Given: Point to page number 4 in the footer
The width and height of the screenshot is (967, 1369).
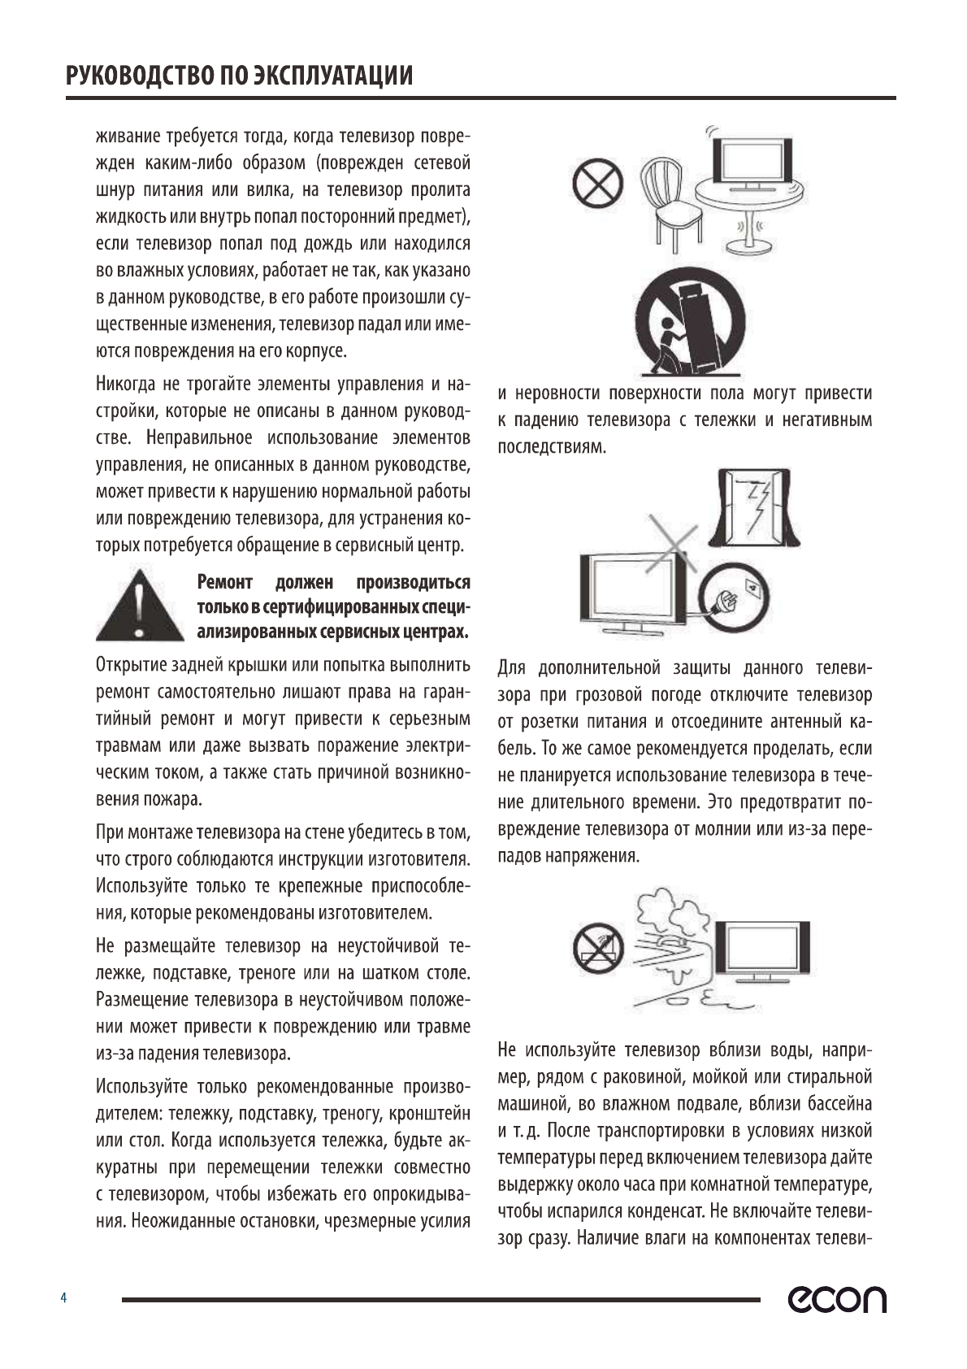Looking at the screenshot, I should click(x=63, y=1297).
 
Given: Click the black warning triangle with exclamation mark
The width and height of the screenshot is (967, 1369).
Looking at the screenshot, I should click(x=139, y=606).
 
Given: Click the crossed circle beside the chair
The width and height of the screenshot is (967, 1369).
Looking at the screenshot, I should click(x=598, y=183).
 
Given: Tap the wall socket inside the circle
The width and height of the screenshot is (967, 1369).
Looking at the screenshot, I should click(x=753, y=586).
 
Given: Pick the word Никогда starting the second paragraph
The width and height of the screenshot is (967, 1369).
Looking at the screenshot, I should click(x=126, y=384).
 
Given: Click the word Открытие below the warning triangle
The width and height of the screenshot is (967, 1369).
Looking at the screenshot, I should click(x=130, y=665).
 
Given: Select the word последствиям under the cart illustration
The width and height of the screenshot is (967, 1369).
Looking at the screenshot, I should click(x=552, y=447).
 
